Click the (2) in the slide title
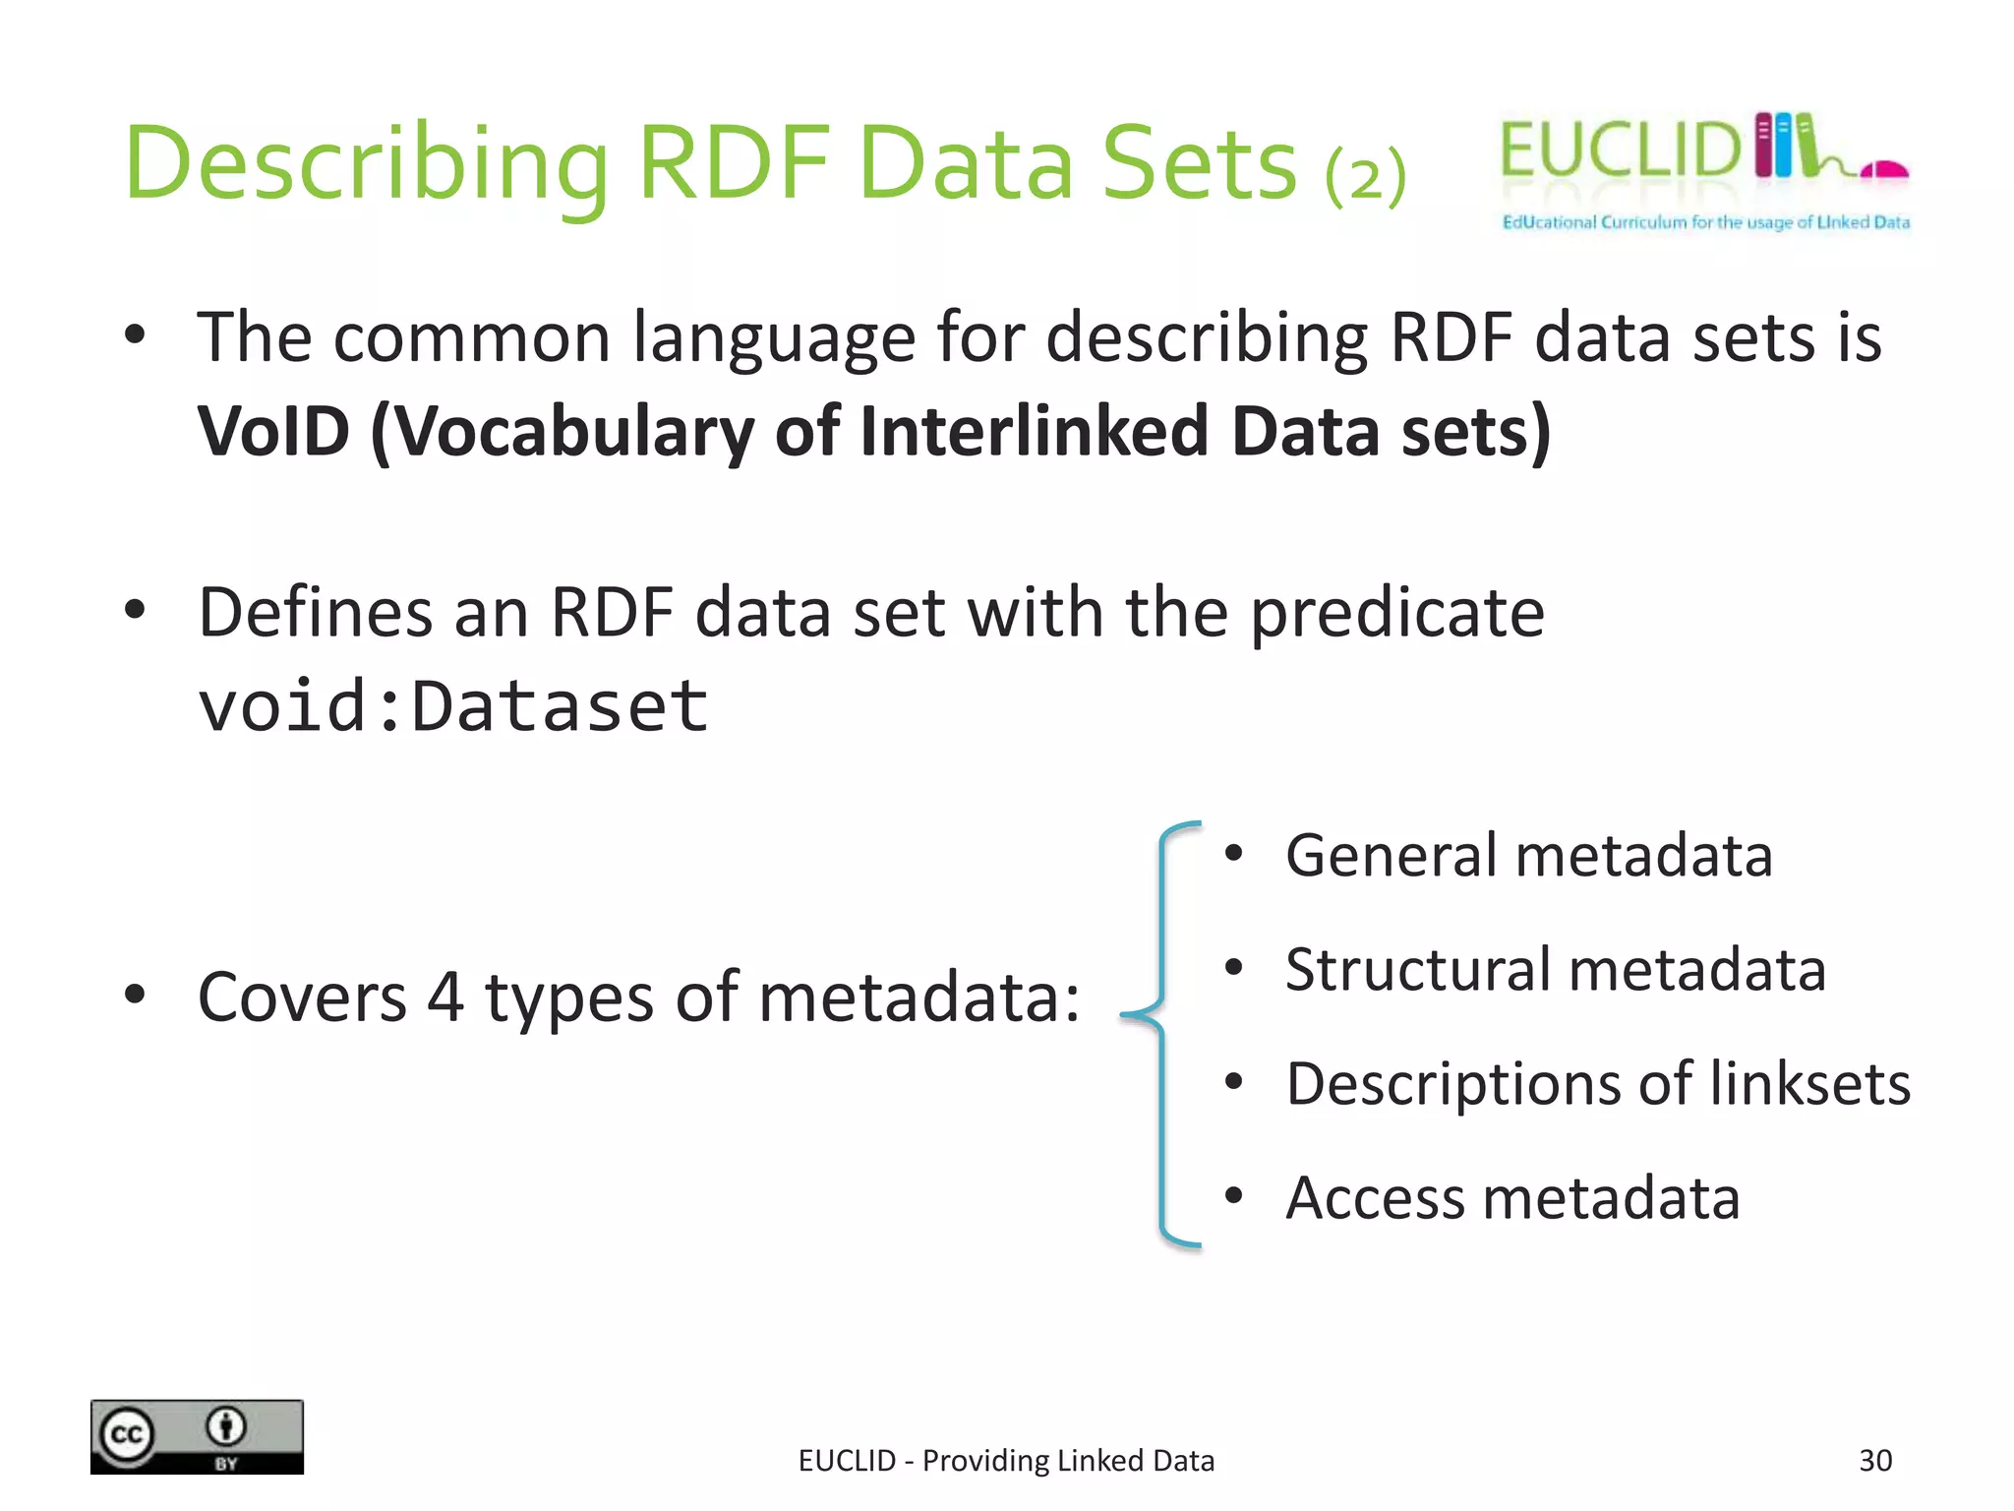[x=1365, y=177]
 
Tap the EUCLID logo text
[x=1620, y=151]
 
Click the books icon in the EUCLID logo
[x=1786, y=146]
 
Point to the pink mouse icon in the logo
[x=1884, y=171]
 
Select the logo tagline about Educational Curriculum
[x=1705, y=222]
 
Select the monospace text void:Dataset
[x=452, y=706]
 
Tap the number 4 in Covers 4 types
[x=444, y=997]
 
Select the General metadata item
[x=1528, y=855]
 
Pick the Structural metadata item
[x=1555, y=969]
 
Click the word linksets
[x=1809, y=1084]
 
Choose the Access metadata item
[x=1512, y=1198]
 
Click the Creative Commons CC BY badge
[x=197, y=1437]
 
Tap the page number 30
[x=1874, y=1461]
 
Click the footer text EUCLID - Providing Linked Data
[x=1006, y=1461]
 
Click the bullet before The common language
[x=135, y=334]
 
